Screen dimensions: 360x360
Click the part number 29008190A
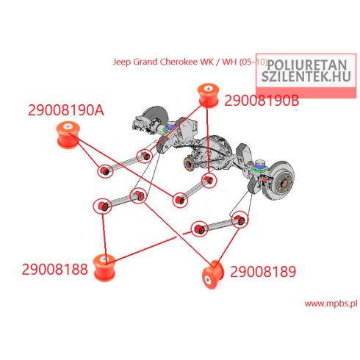[66, 110]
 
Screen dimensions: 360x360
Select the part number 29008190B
[262, 101]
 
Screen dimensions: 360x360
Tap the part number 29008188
[55, 270]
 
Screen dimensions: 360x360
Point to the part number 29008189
[263, 272]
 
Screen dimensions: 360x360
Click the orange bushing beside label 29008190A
[68, 134]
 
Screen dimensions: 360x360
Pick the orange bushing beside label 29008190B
[208, 96]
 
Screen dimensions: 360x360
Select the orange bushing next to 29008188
[104, 267]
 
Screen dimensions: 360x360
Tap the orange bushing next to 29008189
[212, 275]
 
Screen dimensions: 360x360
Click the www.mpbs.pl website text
[331, 303]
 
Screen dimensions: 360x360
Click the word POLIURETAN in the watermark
[306, 65]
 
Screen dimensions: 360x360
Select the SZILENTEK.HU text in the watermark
[306, 76]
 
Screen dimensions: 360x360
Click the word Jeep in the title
[122, 62]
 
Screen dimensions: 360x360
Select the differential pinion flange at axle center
[188, 163]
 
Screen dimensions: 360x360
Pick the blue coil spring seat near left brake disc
[170, 126]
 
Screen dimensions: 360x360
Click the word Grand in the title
[145, 62]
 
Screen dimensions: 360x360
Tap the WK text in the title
[206, 62]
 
